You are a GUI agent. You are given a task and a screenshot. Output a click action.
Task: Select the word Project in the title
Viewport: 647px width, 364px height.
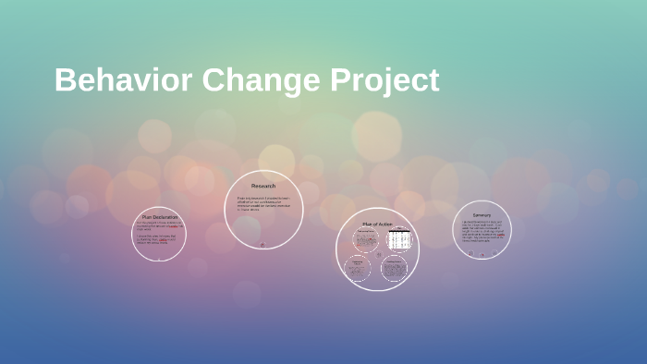pyautogui.click(x=384, y=82)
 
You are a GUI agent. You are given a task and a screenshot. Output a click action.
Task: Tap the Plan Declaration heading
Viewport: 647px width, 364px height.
pyautogui.click(x=159, y=217)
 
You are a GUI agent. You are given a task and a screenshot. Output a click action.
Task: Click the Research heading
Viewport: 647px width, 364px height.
pyautogui.click(x=263, y=186)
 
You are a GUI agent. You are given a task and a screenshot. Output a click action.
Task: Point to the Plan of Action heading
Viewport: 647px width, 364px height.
pyautogui.click(x=377, y=224)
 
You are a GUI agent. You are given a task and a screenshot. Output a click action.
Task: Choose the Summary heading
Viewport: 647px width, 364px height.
pyautogui.click(x=482, y=215)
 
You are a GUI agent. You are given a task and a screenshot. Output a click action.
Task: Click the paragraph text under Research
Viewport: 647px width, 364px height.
pyautogui.click(x=263, y=203)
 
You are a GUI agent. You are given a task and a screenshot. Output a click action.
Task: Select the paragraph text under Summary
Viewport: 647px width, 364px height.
pyautogui.click(x=482, y=231)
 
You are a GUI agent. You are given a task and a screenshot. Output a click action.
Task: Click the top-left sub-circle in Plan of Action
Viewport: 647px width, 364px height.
pyautogui.click(x=365, y=240)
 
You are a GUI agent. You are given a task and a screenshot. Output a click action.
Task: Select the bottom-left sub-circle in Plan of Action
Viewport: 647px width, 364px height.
pyautogui.click(x=358, y=268)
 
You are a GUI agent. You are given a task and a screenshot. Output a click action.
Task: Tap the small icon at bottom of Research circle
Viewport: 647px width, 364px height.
pyautogui.click(x=262, y=245)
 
